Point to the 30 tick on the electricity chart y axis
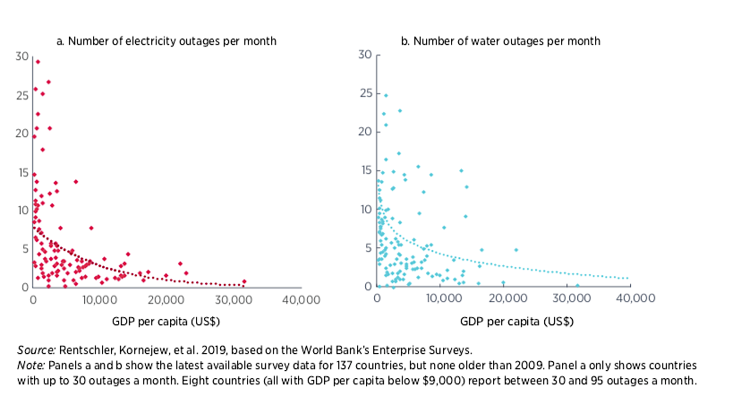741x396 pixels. [x=22, y=56]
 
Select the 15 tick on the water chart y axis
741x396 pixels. [x=365, y=170]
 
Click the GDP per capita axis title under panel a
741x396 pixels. [x=166, y=321]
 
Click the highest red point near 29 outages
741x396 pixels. [x=38, y=62]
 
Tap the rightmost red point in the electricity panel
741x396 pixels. [x=243, y=281]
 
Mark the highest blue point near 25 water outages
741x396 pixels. [x=386, y=95]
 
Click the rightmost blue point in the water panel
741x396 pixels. [x=577, y=286]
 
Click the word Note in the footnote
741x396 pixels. [x=31, y=366]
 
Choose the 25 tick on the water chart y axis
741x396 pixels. [x=365, y=93]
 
